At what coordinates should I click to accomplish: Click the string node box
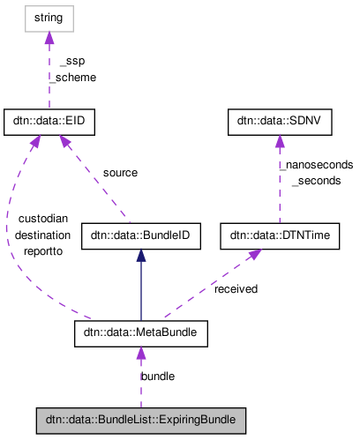pos(49,17)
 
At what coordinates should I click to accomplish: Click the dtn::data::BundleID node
pos(141,236)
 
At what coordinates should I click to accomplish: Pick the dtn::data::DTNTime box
pos(280,236)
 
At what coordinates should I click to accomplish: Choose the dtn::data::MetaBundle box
pos(141,333)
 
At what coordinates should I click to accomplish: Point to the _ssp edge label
pos(72,62)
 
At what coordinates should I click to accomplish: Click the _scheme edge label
pos(74,78)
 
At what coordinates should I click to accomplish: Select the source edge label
pos(120,173)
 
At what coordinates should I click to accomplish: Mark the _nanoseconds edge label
pos(316,164)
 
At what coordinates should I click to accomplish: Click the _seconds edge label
pos(316,180)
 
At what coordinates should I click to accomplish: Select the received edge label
pos(236,288)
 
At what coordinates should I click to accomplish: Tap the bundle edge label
pos(158,376)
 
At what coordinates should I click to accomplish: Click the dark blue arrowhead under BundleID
pos(141,255)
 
